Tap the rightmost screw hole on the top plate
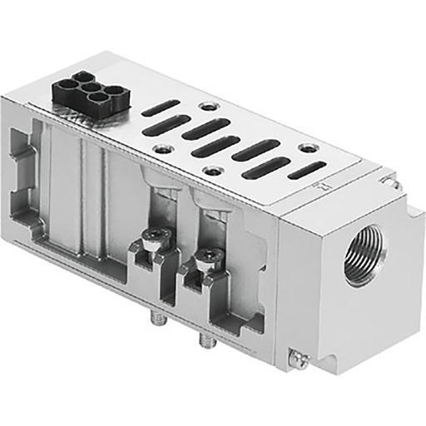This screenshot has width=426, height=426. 310,147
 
